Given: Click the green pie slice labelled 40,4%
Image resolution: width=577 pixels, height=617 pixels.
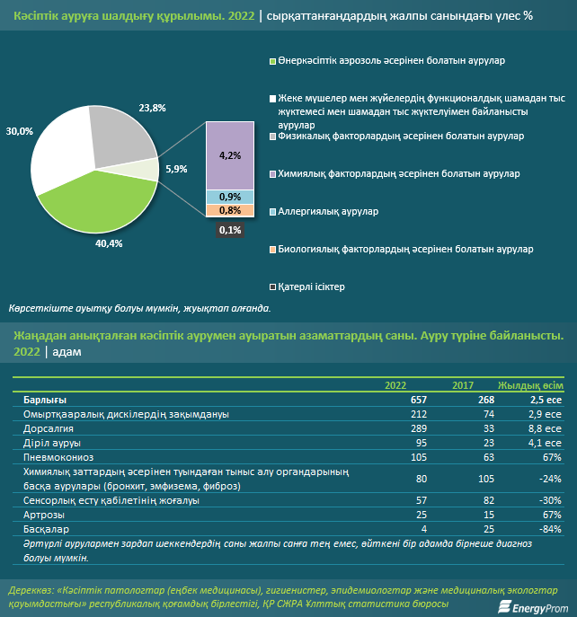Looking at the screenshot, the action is click(x=102, y=205).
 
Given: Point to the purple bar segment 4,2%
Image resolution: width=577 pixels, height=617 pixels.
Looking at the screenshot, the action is click(x=230, y=156).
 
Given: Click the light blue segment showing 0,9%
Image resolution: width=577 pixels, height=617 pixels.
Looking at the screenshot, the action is click(x=230, y=197).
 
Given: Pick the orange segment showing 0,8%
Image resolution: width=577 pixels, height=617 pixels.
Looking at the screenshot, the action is click(x=230, y=210).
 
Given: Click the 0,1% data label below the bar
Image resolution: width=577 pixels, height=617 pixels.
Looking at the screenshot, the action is click(x=230, y=230).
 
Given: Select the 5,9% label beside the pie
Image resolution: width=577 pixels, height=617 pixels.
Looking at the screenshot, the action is click(x=176, y=169).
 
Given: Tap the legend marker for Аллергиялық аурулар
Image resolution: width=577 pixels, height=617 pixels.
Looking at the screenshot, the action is click(x=272, y=212).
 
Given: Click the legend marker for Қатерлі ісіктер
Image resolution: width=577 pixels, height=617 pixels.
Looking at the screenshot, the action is click(x=272, y=287).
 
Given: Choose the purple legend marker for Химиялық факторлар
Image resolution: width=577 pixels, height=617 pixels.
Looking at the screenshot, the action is click(x=272, y=174).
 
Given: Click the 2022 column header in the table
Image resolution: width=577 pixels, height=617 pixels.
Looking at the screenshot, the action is click(x=395, y=385).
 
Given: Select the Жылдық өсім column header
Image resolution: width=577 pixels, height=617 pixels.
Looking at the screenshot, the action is click(x=530, y=385).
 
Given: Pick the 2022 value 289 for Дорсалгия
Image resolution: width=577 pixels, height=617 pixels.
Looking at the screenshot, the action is click(x=419, y=428).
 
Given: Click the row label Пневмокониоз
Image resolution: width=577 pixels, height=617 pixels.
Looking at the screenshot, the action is click(x=58, y=457).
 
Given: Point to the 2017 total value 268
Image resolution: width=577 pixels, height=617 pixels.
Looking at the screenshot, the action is click(x=486, y=400).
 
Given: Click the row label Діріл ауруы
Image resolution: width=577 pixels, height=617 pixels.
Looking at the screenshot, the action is click(x=52, y=443).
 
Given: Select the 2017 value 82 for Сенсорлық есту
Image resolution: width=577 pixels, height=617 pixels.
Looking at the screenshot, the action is click(x=489, y=500).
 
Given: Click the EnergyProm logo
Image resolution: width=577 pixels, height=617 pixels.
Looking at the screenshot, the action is click(x=533, y=607).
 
